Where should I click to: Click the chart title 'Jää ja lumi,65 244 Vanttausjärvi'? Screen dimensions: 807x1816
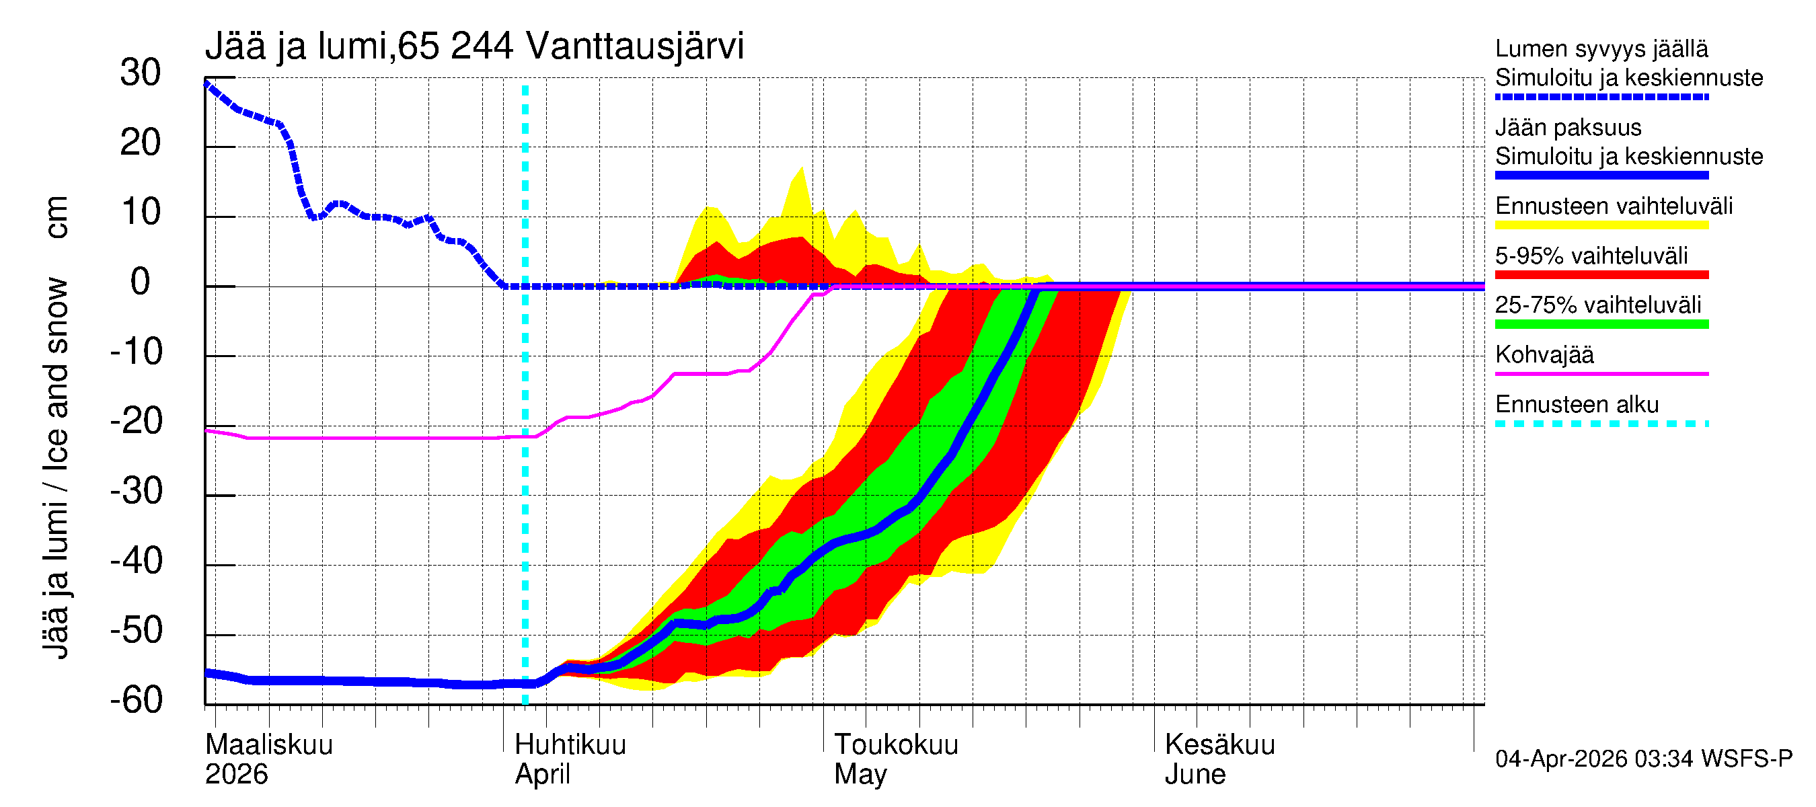tap(474, 46)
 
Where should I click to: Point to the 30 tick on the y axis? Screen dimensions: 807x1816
tap(141, 73)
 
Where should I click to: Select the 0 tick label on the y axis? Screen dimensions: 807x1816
tap(141, 282)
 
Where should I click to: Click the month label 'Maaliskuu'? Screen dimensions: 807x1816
tap(268, 745)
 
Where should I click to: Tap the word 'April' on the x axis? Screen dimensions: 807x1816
tap(542, 775)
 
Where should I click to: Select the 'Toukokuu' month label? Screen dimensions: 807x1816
tap(896, 745)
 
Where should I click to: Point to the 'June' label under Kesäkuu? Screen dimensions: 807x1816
tap(1195, 775)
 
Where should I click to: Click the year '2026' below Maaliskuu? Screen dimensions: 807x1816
tap(236, 775)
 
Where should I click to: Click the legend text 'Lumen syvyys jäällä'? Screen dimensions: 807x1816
tap(1601, 49)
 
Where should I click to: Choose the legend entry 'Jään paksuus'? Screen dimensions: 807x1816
tap(1568, 128)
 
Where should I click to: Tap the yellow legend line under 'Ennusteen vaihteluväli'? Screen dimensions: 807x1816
tap(1601, 225)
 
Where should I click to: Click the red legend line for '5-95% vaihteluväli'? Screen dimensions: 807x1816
tap(1601, 275)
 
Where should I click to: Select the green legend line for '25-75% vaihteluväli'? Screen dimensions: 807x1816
tap(1601, 324)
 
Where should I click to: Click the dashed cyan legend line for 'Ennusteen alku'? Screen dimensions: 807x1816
tap(1601, 424)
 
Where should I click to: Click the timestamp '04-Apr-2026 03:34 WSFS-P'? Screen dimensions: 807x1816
tap(1643, 759)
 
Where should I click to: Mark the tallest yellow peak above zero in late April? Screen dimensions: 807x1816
tap(802, 169)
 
